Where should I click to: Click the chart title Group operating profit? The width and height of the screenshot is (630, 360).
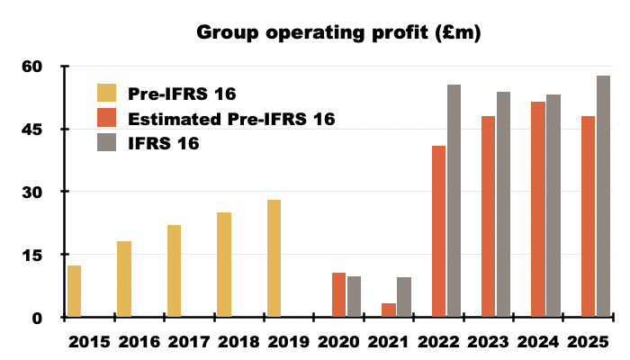coord(339,34)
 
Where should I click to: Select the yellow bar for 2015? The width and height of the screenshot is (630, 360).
coord(74,291)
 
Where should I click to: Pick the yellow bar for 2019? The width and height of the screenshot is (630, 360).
coord(274,258)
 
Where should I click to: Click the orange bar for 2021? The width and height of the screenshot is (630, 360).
coord(389,310)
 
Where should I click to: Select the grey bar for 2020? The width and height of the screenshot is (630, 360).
coord(354,296)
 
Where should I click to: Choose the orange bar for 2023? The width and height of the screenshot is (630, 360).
coord(489,216)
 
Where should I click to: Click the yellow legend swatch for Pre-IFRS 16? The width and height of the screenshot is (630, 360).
coord(107,93)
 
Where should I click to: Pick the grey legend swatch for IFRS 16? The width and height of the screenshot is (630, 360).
coord(107,143)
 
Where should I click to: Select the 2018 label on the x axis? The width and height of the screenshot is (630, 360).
coord(238,342)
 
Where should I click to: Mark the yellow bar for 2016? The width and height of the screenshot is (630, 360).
coord(124,279)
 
